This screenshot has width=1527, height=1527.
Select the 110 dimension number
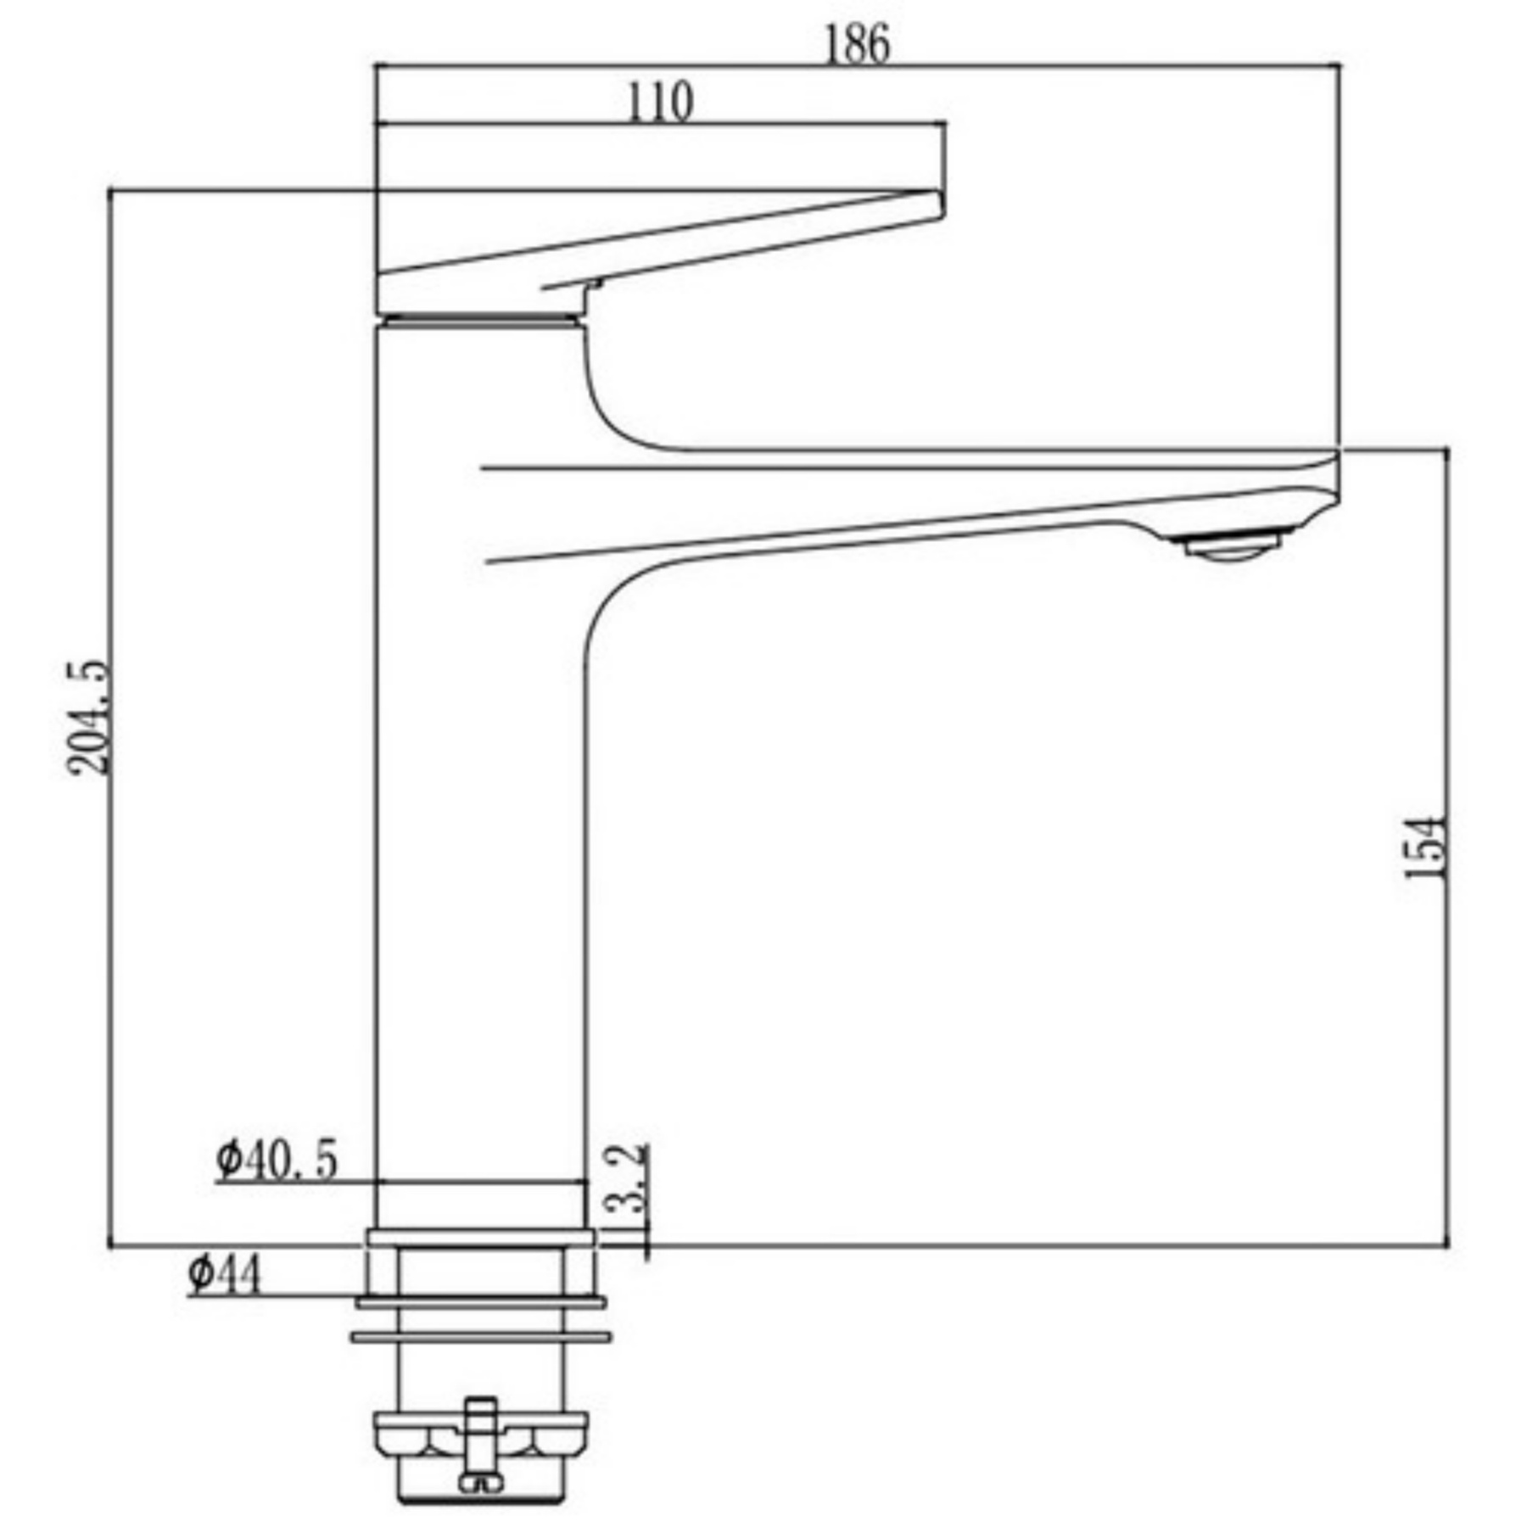pyautogui.click(x=660, y=103)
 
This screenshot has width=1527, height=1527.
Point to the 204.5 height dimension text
pyautogui.click(x=88, y=717)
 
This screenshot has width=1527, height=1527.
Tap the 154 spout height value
pyautogui.click(x=1424, y=847)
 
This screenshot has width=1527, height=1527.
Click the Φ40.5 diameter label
pyautogui.click(x=277, y=1159)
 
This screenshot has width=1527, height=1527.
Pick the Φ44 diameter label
pyautogui.click(x=225, y=1274)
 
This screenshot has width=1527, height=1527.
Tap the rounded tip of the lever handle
pyautogui.click(x=937, y=204)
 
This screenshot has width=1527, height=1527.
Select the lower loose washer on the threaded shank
pyautogui.click(x=481, y=1338)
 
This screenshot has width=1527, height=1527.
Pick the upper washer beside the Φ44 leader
pyautogui.click(x=481, y=1302)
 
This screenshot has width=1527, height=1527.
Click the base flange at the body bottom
pyautogui.click(x=481, y=1236)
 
